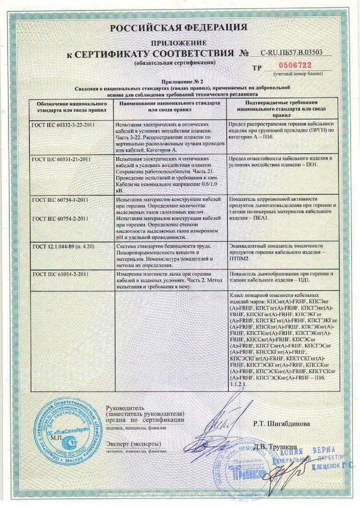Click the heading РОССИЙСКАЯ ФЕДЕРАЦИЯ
[178, 28]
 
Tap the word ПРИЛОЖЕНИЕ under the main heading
[178, 43]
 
